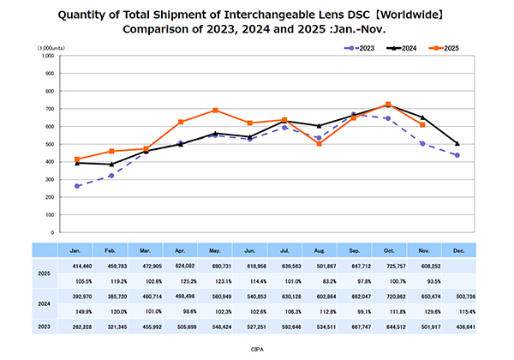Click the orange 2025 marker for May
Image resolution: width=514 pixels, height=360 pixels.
(215, 111)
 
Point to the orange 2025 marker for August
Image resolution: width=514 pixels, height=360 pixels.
(319, 143)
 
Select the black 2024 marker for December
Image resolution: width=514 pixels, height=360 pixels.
(457, 143)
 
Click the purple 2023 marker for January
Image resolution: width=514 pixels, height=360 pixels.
(77, 186)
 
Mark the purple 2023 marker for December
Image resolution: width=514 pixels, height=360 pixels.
(457, 155)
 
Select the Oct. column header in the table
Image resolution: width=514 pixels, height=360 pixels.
(388, 249)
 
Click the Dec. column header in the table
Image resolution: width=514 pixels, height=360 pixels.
(457, 249)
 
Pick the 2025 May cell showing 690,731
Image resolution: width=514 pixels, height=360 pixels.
(215, 268)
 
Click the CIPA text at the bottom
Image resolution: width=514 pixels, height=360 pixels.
(257, 350)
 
